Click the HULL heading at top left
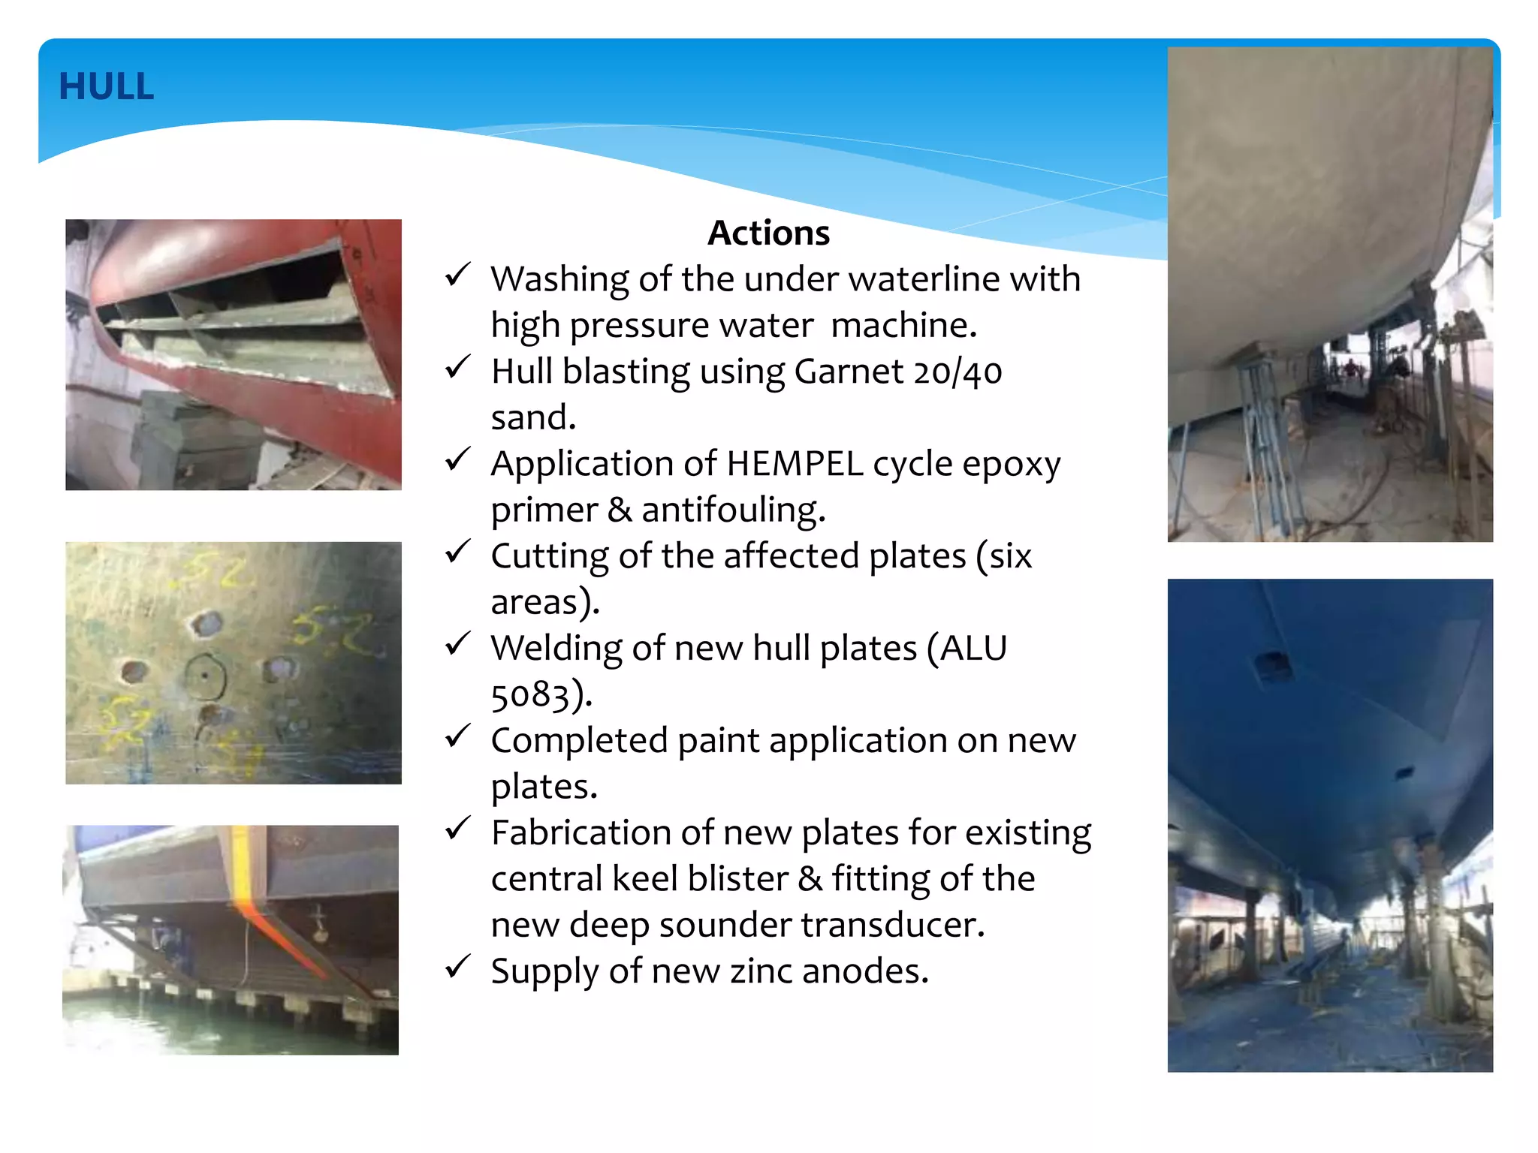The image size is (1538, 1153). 106,86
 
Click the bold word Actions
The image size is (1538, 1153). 768,233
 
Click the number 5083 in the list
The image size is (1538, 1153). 530,694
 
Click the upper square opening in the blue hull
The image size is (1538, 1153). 1273,664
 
